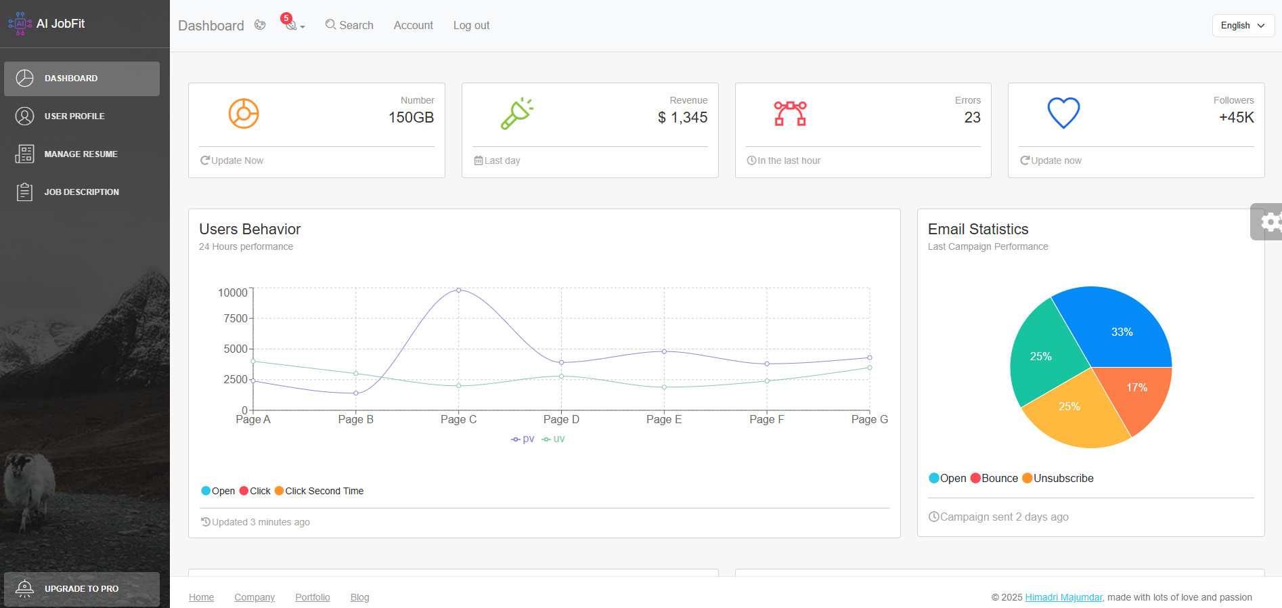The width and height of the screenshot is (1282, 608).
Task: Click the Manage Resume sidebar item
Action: (81, 154)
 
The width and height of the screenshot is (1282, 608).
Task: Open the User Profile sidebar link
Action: (74, 116)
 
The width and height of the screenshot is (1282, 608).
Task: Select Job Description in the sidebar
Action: (81, 192)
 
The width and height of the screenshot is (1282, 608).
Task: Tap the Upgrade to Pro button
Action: (81, 589)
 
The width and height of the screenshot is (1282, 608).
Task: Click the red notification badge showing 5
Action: (286, 18)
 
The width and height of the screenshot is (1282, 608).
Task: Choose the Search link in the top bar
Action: (349, 25)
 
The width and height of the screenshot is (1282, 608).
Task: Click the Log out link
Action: (471, 25)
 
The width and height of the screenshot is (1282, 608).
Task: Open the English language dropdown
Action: (1243, 25)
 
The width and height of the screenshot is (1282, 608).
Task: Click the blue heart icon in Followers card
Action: (1063, 113)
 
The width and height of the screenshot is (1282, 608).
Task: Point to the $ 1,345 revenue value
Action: (682, 118)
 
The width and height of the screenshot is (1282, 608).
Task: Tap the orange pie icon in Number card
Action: (244, 113)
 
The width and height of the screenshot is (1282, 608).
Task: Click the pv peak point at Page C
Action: (459, 290)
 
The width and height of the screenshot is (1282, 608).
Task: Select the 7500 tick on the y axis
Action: (236, 318)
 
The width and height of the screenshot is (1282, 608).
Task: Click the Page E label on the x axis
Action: (663, 420)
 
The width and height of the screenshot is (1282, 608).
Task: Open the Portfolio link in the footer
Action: (312, 597)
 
